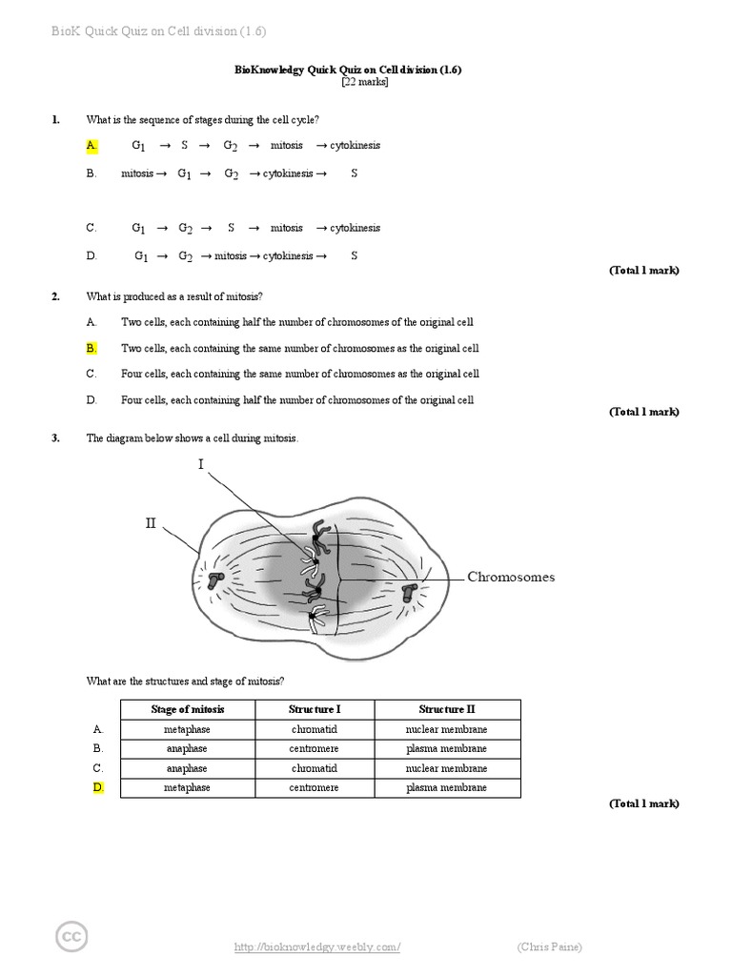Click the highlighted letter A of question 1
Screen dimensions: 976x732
(91, 146)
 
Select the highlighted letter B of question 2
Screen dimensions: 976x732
(91, 349)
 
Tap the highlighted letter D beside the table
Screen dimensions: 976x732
(97, 788)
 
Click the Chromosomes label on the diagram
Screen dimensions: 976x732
(510, 578)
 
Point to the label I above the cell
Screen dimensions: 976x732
(201, 464)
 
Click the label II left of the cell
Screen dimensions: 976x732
(150, 523)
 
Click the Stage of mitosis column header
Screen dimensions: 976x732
(188, 709)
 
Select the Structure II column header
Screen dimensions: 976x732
(446, 709)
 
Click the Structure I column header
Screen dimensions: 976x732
(314, 709)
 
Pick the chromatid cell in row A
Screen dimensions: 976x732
(314, 729)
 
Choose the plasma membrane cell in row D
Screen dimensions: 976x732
(446, 788)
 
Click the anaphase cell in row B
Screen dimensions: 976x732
(187, 749)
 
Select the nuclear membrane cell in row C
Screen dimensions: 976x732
(446, 768)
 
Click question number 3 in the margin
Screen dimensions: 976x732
(56, 438)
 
